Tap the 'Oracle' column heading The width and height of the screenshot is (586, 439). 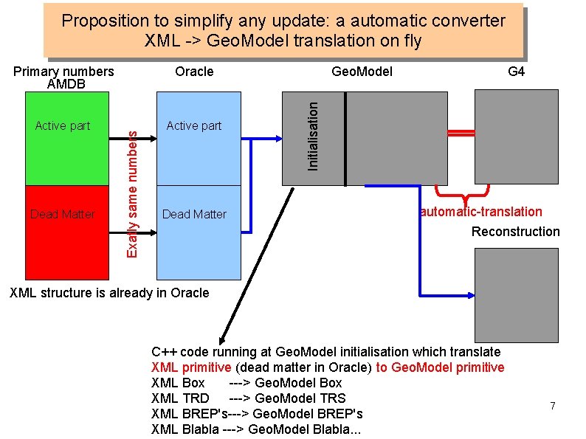194,72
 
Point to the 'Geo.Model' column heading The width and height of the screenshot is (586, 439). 362,72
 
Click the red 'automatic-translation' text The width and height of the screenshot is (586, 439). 481,212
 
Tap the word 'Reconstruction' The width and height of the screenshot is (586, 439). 516,232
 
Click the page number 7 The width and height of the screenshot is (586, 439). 552,406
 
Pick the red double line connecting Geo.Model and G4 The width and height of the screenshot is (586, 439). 461,133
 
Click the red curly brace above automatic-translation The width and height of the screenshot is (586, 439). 465,193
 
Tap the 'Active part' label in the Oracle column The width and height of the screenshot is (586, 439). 194,126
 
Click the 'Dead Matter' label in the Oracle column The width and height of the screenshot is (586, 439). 194,214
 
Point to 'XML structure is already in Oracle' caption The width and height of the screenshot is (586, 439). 108,293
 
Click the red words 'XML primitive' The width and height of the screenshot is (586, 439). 191,367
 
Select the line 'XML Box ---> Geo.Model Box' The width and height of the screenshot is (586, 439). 247,383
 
